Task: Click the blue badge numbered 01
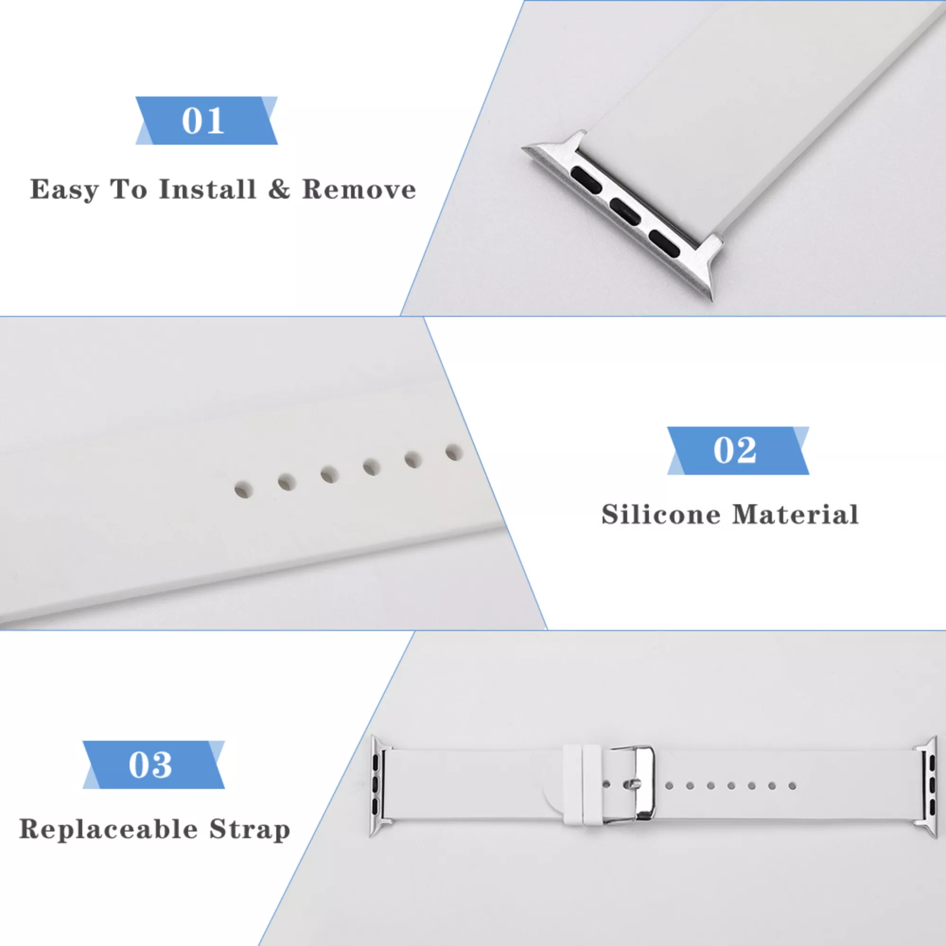[206, 121]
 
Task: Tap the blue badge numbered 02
[738, 450]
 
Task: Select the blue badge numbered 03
[153, 765]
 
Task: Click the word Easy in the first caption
[64, 190]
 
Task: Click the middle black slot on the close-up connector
[625, 211]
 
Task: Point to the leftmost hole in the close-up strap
[243, 489]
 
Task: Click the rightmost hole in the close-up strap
[454, 452]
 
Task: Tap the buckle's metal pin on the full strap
[632, 784]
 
